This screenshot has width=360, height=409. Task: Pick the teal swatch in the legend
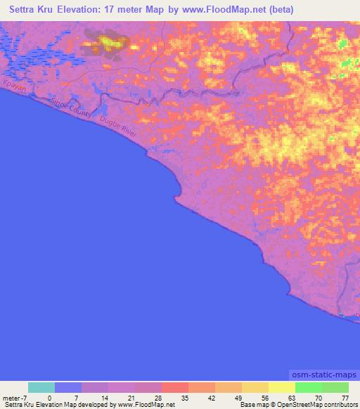[41, 387]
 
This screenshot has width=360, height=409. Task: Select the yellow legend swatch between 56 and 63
[282, 387]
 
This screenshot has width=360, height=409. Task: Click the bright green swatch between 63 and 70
[309, 387]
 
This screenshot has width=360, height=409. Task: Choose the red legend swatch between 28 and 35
[174, 387]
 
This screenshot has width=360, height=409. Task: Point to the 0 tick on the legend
[50, 398]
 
